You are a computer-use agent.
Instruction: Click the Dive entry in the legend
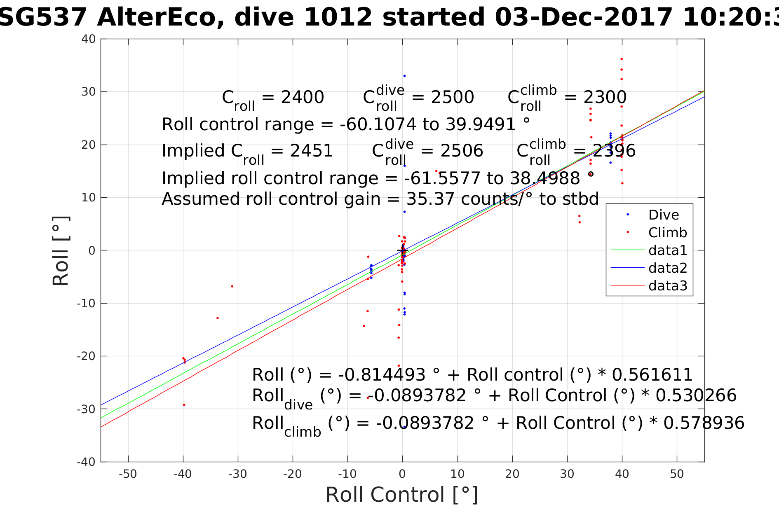[663, 215]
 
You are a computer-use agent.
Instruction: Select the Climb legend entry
[667, 233]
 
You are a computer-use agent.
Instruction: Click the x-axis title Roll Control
[402, 495]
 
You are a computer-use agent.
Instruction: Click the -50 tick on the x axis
[128, 474]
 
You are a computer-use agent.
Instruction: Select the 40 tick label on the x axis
[622, 474]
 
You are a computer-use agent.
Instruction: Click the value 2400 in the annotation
[302, 98]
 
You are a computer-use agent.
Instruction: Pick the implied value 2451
[311, 151]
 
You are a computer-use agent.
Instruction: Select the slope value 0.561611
[652, 375]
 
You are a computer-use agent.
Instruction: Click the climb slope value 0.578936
[704, 423]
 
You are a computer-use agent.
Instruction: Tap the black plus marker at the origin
[402, 250]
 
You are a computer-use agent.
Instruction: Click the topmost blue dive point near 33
[404, 76]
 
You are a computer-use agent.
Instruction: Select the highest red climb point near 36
[622, 59]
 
